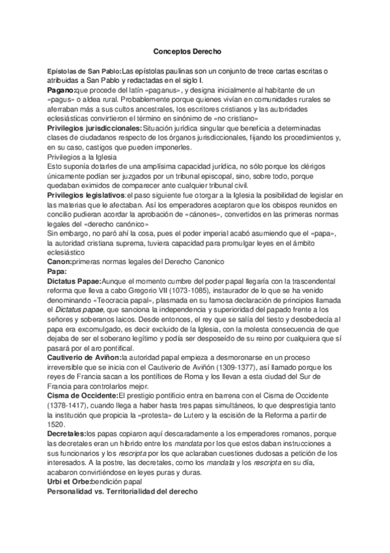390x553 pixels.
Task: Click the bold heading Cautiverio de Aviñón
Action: pyautogui.click(x=84, y=358)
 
